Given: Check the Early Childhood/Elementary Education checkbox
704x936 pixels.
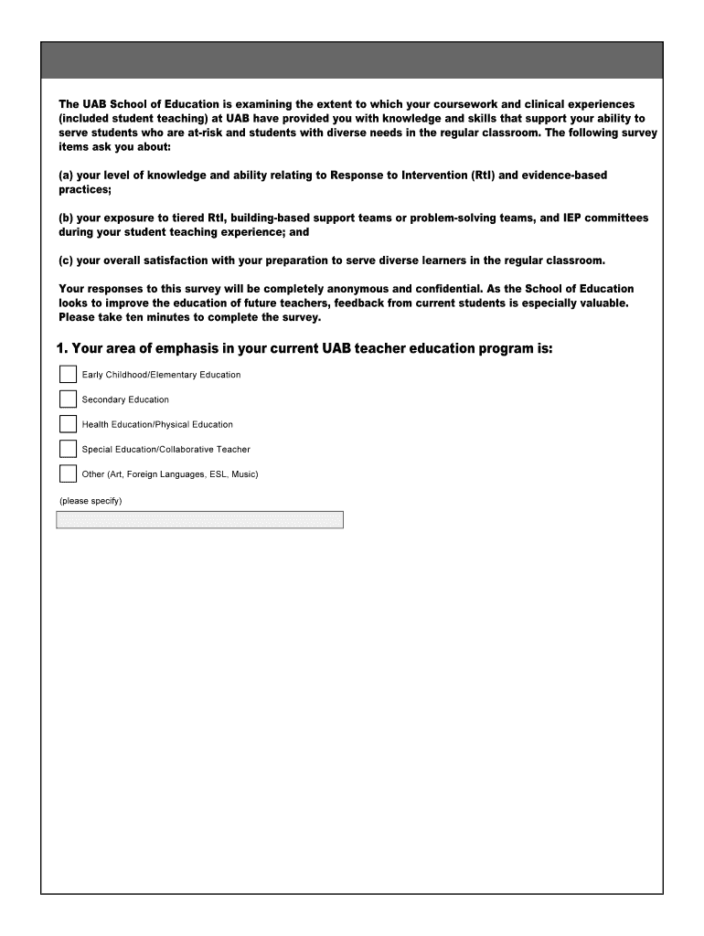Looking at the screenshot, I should (68, 375).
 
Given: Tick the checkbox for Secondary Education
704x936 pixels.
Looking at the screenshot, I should (68, 399).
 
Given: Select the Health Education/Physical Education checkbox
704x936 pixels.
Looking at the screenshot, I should (68, 424).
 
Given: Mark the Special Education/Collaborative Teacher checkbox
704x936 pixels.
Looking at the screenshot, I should (68, 449).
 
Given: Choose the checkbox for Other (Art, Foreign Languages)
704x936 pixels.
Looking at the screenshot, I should (68, 473).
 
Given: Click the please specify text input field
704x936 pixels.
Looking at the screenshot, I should (199, 520).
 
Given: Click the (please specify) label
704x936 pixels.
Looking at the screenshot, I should (91, 501).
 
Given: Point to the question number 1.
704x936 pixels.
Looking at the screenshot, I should (61, 349).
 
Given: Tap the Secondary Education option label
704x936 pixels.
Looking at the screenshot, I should (125, 399).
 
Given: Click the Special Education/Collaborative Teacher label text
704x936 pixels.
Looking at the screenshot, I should (165, 450).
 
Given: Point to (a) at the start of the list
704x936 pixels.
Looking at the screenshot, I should (66, 175).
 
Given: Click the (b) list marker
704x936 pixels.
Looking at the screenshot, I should (66, 218).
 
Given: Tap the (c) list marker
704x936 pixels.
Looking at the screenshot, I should (66, 261).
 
